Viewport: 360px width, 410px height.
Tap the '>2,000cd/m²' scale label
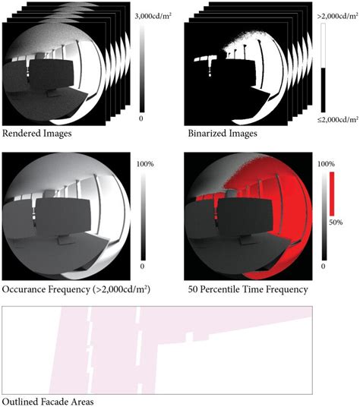point(338,14)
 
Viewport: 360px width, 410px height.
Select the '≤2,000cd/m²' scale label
point(338,119)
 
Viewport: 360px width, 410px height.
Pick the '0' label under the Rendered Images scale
point(142,119)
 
